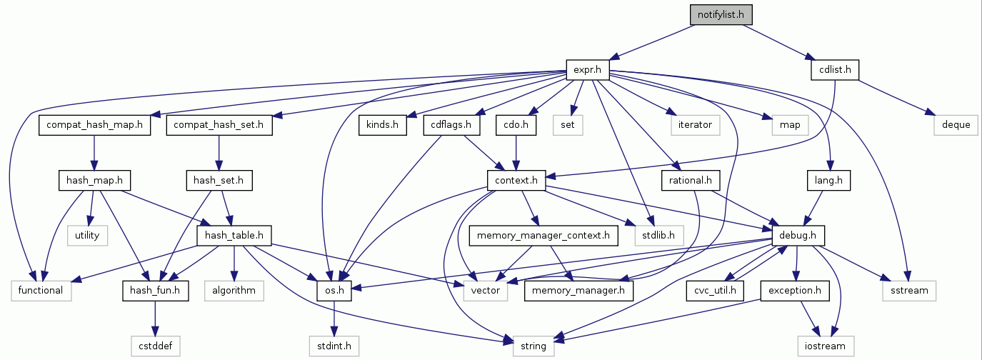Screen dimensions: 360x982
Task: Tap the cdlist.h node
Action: (x=834, y=70)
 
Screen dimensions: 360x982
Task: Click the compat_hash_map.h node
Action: (x=95, y=125)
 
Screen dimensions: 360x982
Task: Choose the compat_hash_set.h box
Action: (x=219, y=125)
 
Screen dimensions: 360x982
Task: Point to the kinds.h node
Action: (x=382, y=125)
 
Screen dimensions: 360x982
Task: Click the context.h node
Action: (x=516, y=180)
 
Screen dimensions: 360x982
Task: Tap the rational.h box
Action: (x=691, y=180)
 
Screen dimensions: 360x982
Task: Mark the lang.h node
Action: (x=828, y=180)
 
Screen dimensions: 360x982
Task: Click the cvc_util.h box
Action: (x=716, y=290)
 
